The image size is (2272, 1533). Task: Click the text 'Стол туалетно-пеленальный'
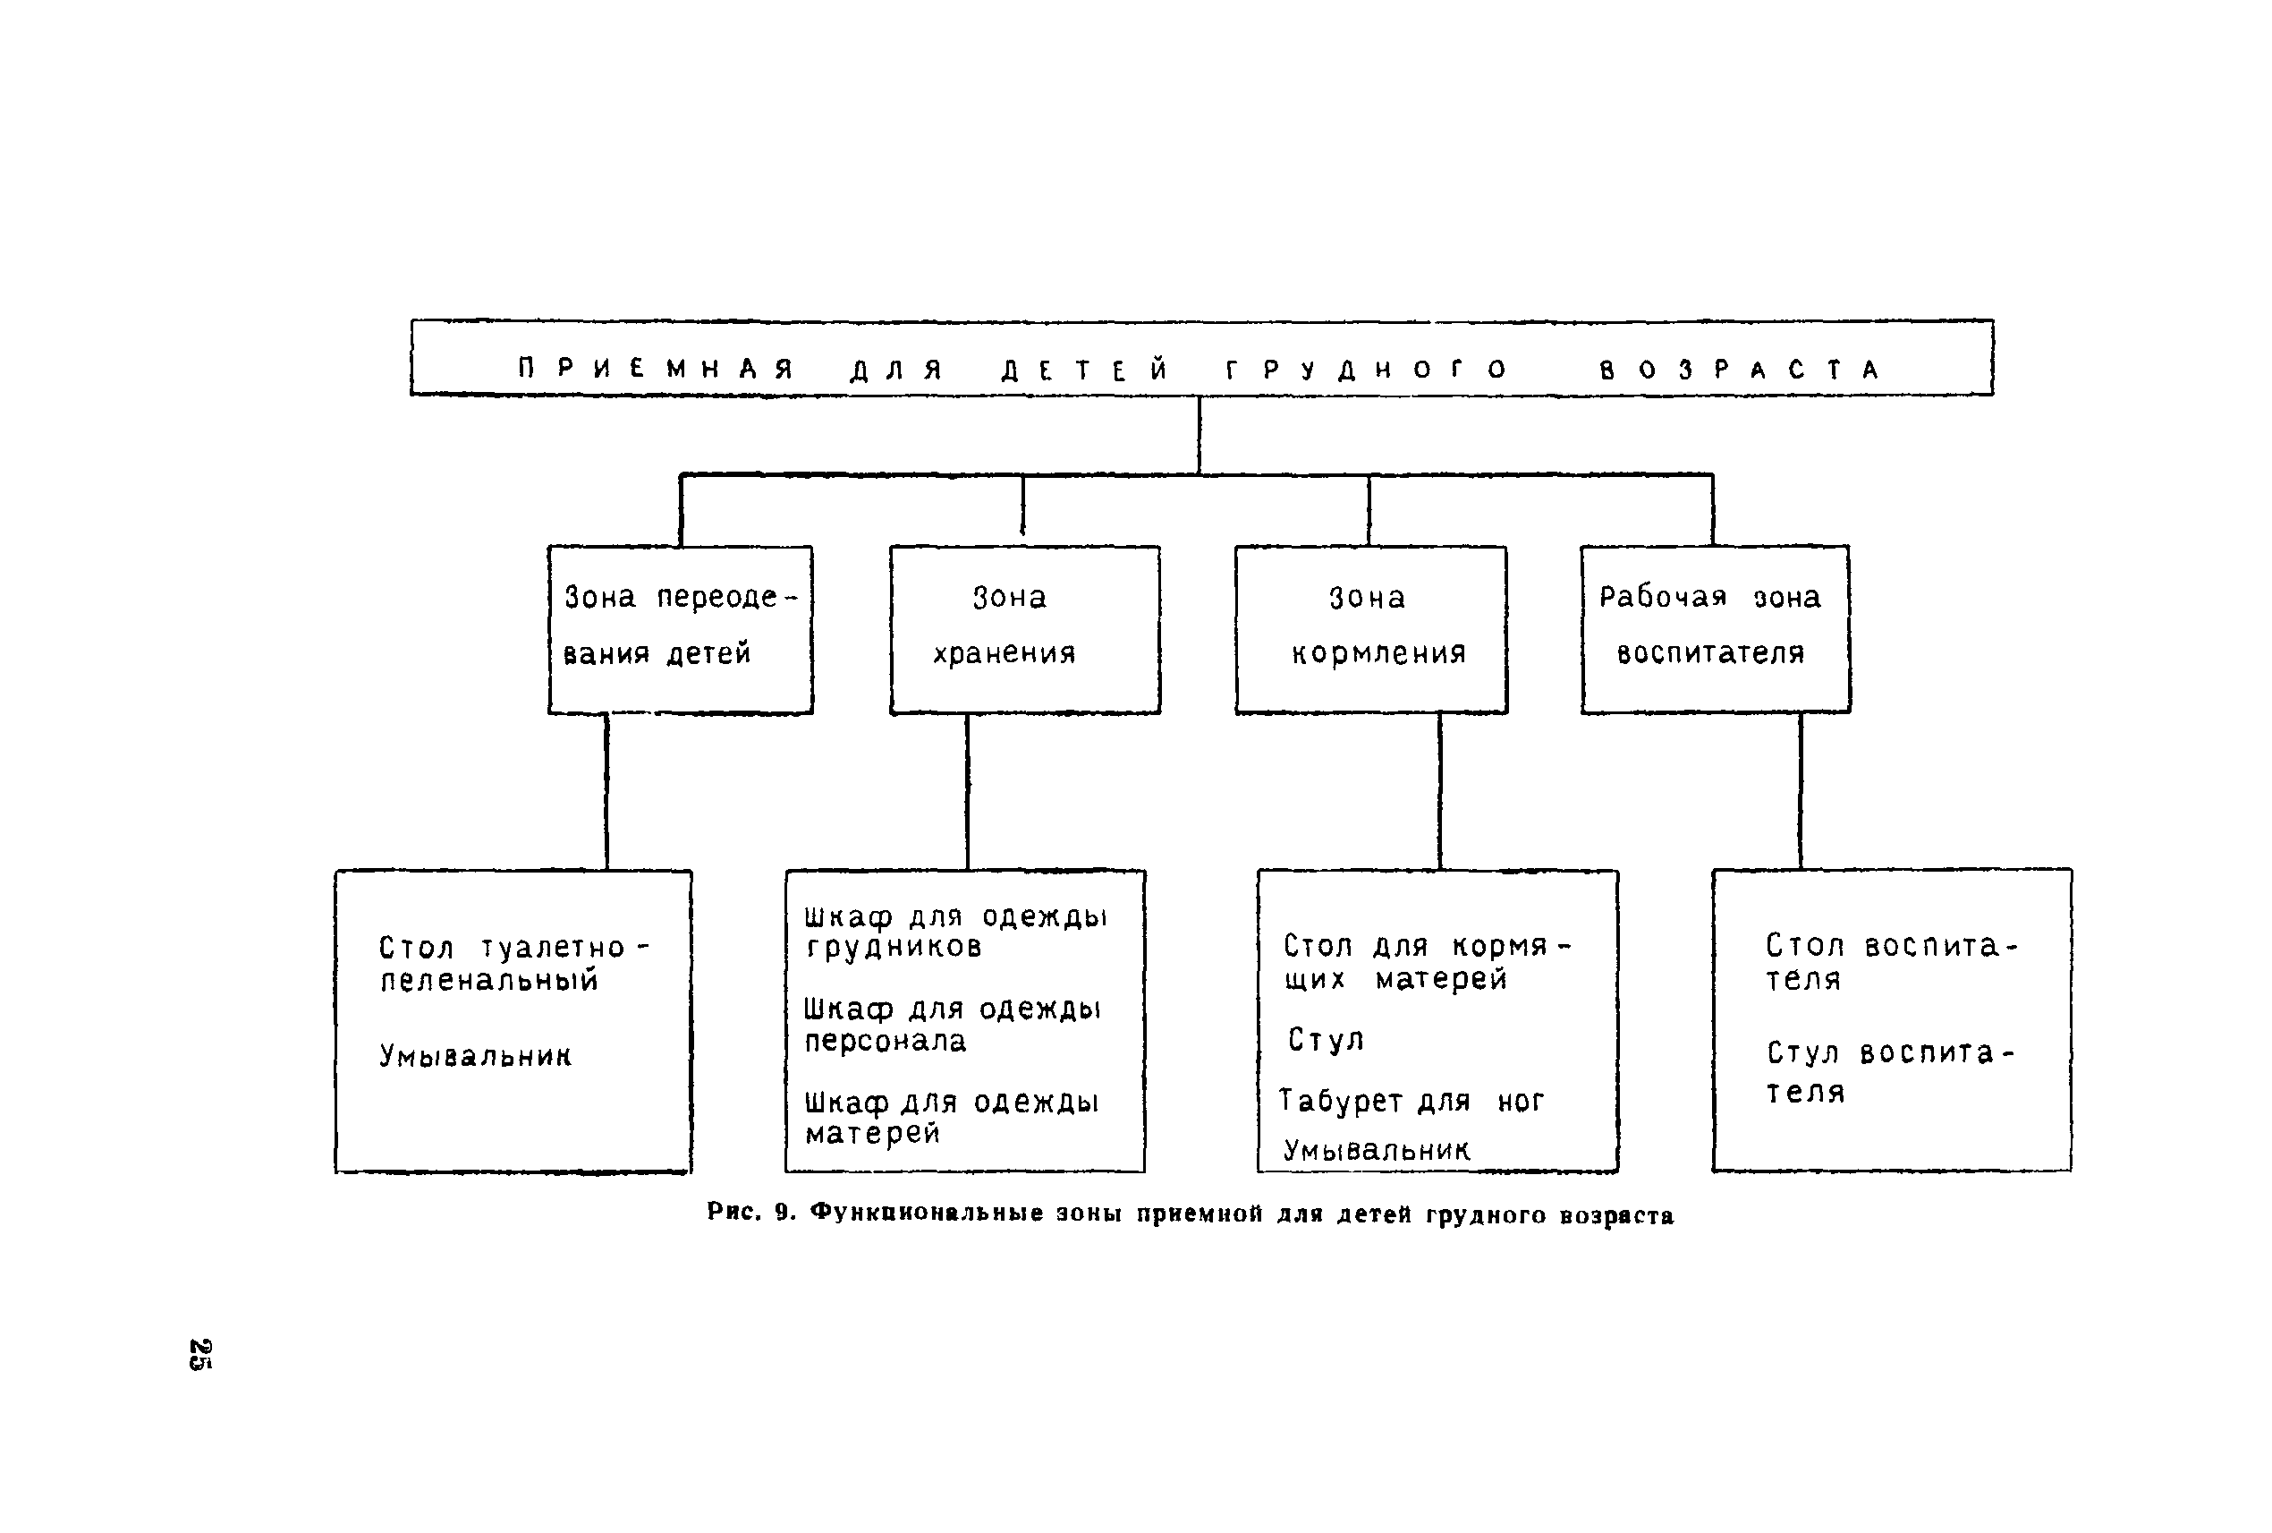tap(514, 963)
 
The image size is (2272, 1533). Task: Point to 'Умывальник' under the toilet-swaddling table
tap(475, 1055)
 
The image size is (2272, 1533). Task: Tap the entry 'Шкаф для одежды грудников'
tap(955, 932)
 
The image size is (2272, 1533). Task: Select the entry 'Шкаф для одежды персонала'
tap(953, 1025)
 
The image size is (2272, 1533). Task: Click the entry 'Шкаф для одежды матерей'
tap(952, 1118)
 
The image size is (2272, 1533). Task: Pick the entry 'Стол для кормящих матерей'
tap(1427, 962)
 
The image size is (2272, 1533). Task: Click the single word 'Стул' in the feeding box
tap(1325, 1039)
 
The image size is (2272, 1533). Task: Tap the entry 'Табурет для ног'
tap(1412, 1101)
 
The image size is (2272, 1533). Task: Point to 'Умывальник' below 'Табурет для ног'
tap(1376, 1151)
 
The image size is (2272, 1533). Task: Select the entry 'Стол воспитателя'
tap(1891, 962)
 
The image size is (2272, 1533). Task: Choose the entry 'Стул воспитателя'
tap(1890, 1071)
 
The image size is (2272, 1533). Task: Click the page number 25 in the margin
tap(200, 1354)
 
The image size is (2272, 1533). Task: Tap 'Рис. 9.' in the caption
tap(752, 1214)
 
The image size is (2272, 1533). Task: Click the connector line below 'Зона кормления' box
tap(1439, 792)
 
